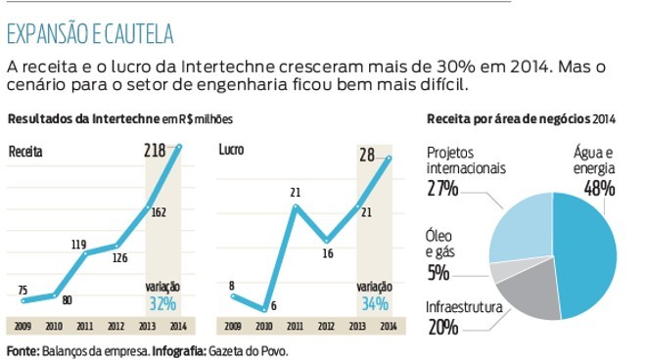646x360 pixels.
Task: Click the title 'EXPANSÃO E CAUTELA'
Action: [x=90, y=34]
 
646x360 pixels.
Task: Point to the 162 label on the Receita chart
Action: [x=159, y=211]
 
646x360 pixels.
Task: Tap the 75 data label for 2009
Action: [x=23, y=290]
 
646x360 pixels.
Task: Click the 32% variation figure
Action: [x=161, y=302]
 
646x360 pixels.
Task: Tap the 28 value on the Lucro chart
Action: [x=368, y=154]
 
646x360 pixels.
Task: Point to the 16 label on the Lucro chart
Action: [x=326, y=252]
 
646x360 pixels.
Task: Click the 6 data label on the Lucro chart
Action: [x=272, y=305]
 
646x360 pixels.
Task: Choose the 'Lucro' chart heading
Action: [x=232, y=152]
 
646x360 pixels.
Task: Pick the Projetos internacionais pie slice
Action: [x=519, y=225]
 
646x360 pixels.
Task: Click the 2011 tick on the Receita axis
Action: [x=84, y=326]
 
